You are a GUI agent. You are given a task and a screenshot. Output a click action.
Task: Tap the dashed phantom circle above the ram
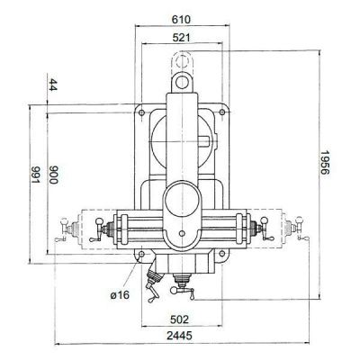[184, 61]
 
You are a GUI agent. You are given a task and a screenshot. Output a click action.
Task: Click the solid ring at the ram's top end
[184, 81]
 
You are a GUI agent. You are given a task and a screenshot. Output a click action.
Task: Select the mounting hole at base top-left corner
[141, 112]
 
